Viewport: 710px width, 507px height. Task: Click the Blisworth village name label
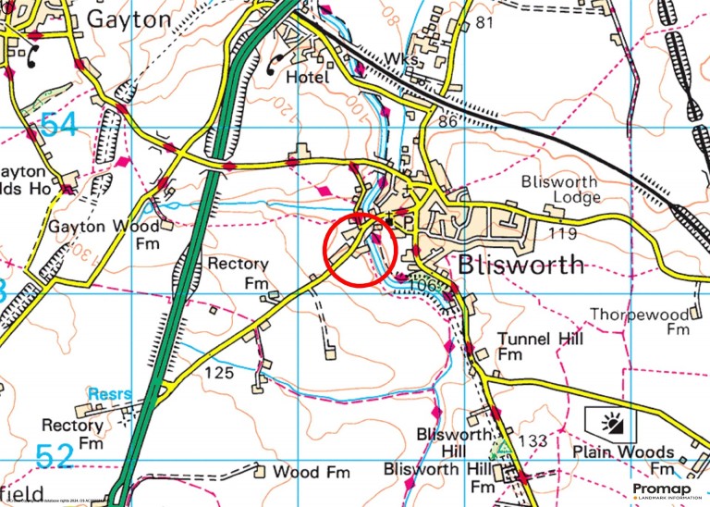[521, 266]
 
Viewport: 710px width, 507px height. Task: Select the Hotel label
[307, 78]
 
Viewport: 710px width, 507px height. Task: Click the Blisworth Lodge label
[560, 189]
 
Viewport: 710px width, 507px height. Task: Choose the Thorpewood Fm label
[640, 321]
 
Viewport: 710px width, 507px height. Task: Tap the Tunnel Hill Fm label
[541, 347]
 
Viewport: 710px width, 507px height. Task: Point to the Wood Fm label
[312, 473]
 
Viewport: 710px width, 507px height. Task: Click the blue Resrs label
[110, 395]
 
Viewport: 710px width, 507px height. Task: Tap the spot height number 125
[220, 373]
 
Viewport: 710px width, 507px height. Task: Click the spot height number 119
[561, 232]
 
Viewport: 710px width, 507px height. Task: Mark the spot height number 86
[450, 121]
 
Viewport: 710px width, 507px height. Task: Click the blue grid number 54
[59, 125]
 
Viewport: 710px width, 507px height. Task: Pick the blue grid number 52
[54, 456]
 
